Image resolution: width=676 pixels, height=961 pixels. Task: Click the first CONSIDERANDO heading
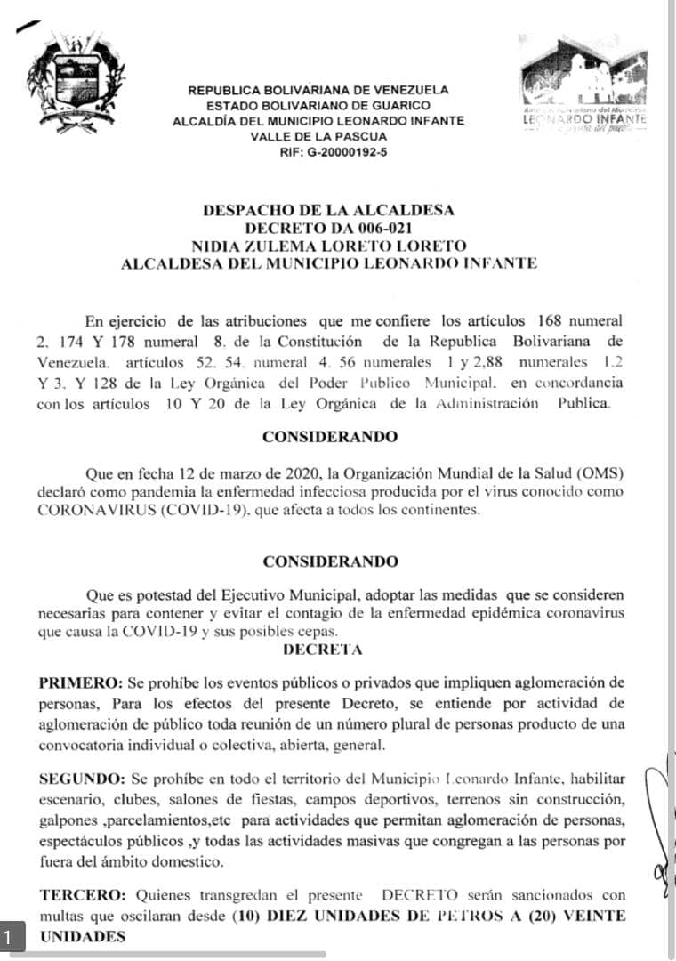(330, 437)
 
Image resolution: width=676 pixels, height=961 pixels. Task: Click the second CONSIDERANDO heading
(330, 561)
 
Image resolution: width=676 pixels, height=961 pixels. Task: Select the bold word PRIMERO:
(81, 682)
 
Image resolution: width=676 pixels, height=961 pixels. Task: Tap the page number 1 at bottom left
(8, 936)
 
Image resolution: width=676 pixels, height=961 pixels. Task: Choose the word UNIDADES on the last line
(79, 935)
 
